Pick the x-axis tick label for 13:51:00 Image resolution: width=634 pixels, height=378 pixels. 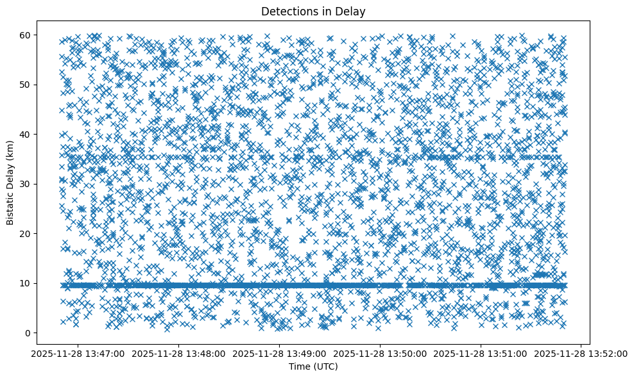481,352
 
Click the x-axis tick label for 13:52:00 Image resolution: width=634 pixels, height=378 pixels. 582,352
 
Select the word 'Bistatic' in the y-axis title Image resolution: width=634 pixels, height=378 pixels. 10,207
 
